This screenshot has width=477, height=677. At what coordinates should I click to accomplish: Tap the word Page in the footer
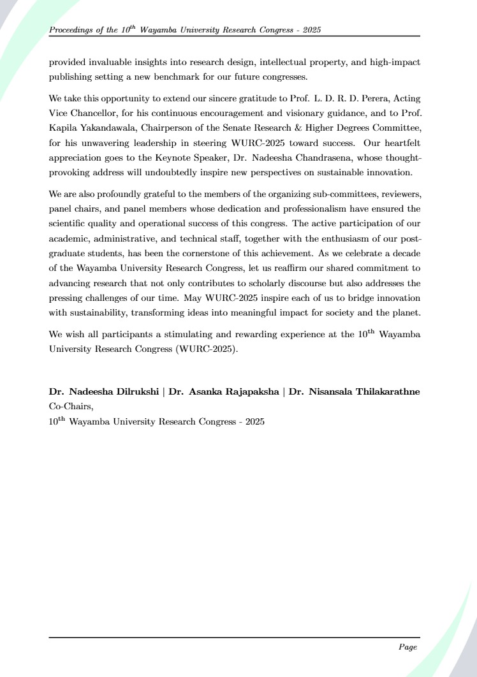[x=407, y=647]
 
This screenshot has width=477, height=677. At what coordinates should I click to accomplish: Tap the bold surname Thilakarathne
[x=385, y=391]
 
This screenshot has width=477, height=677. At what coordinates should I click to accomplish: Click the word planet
[x=402, y=313]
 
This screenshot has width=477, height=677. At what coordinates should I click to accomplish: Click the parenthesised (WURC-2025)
[x=203, y=349]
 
